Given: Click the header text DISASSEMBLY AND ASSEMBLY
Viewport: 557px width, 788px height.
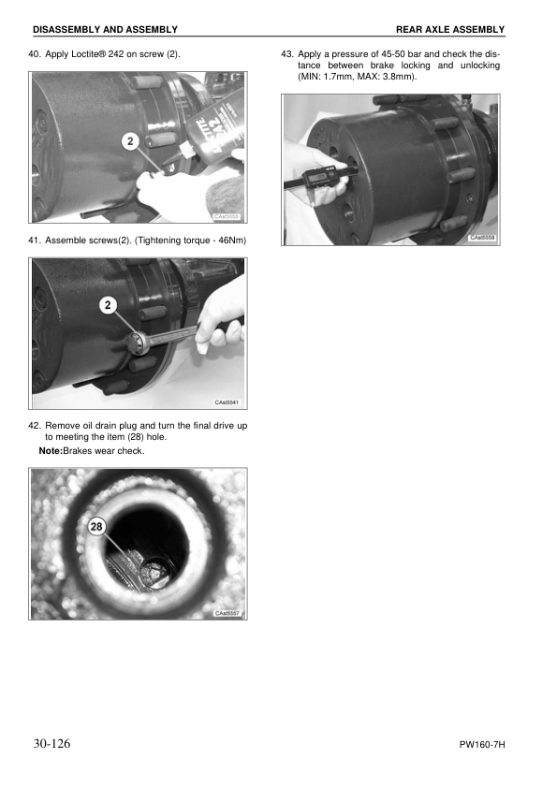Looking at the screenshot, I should pyautogui.click(x=105, y=30).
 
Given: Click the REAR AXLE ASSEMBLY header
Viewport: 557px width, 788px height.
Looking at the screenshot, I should pyautogui.click(x=449, y=30).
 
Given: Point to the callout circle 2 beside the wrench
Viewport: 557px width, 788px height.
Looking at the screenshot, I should pyautogui.click(x=110, y=305).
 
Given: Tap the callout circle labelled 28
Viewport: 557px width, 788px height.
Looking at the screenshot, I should pyautogui.click(x=96, y=528).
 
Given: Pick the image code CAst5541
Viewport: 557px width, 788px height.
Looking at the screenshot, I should pyautogui.click(x=228, y=402).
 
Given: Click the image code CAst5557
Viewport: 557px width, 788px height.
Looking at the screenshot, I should pyautogui.click(x=228, y=613).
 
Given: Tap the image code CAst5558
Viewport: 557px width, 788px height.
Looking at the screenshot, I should pyautogui.click(x=482, y=239).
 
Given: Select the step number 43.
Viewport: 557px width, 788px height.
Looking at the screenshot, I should pyautogui.click(x=287, y=55).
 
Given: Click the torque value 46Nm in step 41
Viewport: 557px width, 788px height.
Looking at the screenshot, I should pyautogui.click(x=229, y=241).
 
